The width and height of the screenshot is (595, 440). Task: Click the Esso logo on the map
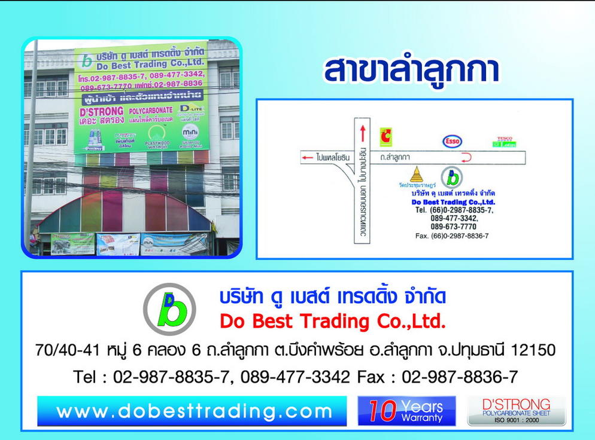pos(452,142)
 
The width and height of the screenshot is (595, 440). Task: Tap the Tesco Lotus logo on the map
pos(503,142)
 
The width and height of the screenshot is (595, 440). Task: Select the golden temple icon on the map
pos(417,175)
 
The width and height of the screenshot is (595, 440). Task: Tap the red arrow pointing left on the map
pos(307,158)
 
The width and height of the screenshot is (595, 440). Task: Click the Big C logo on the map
pos(385,136)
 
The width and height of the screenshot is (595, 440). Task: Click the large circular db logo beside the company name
pos(169,309)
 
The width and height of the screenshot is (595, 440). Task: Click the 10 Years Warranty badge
pos(406,411)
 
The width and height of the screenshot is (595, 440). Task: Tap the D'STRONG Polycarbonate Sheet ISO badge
pos(516,411)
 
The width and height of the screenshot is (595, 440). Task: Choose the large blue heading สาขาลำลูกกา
pos(411,71)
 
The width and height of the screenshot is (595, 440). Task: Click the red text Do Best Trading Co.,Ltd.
pos(333,322)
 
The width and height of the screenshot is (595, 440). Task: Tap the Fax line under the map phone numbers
pos(451,236)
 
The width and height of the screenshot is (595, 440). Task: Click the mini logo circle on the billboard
pos(190,131)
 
